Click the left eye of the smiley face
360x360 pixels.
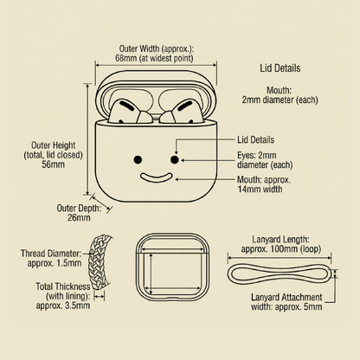click(x=138, y=159)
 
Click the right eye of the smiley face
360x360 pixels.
click(x=174, y=159)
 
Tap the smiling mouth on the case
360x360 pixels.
click(x=156, y=178)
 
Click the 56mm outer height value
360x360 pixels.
click(x=53, y=164)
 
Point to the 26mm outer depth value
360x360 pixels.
click(x=79, y=217)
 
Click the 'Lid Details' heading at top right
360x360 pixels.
click(x=280, y=68)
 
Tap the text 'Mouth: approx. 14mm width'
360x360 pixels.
click(x=264, y=184)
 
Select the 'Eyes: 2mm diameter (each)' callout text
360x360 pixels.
click(x=265, y=160)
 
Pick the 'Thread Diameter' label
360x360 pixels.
click(x=50, y=254)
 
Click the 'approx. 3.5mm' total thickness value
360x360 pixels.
click(x=63, y=305)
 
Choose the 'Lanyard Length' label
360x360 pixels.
click(x=280, y=240)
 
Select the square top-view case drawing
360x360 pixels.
click(x=172, y=267)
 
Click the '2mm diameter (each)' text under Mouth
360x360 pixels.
click(x=280, y=100)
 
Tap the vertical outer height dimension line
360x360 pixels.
click(x=88, y=139)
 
